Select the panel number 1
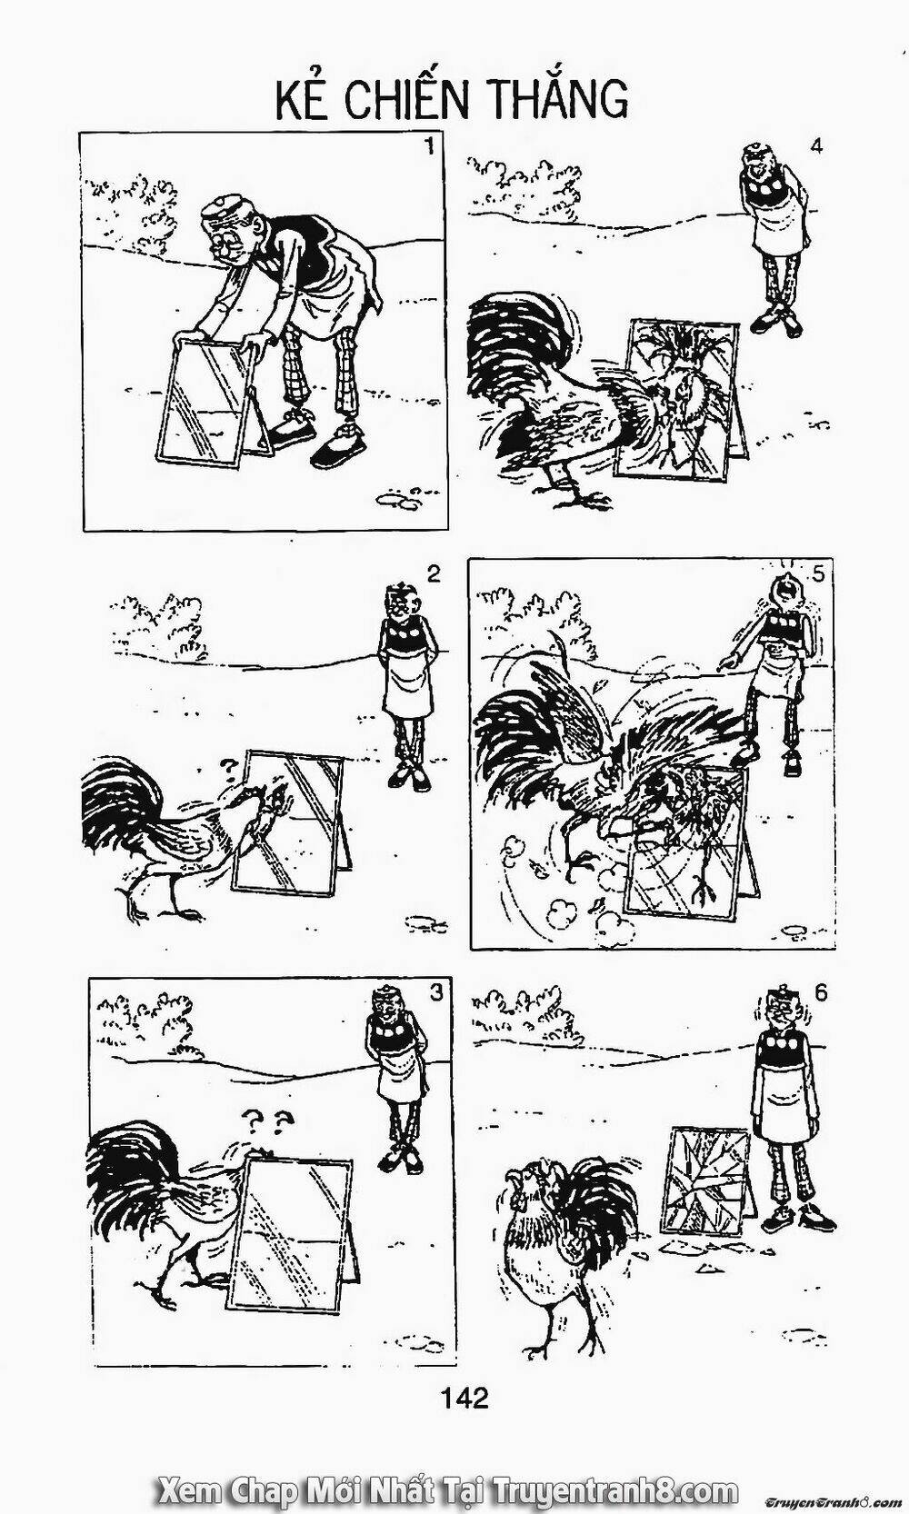[428, 145]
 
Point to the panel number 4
[816, 145]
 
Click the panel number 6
[822, 993]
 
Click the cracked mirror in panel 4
[677, 398]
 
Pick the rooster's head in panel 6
[530, 1181]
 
